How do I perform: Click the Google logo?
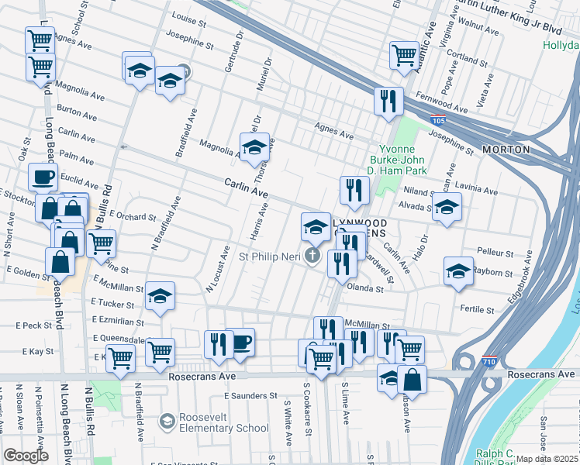point(26,456)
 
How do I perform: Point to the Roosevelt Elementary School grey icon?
point(166,422)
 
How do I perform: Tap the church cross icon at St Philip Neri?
point(312,256)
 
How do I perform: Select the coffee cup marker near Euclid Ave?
point(43,177)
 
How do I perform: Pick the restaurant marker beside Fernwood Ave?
point(387,100)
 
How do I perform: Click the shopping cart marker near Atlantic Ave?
point(405,54)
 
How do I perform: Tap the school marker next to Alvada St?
point(446,206)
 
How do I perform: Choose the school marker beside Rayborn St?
point(458,271)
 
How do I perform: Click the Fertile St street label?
point(478,310)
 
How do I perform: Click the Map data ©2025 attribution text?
point(547,459)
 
